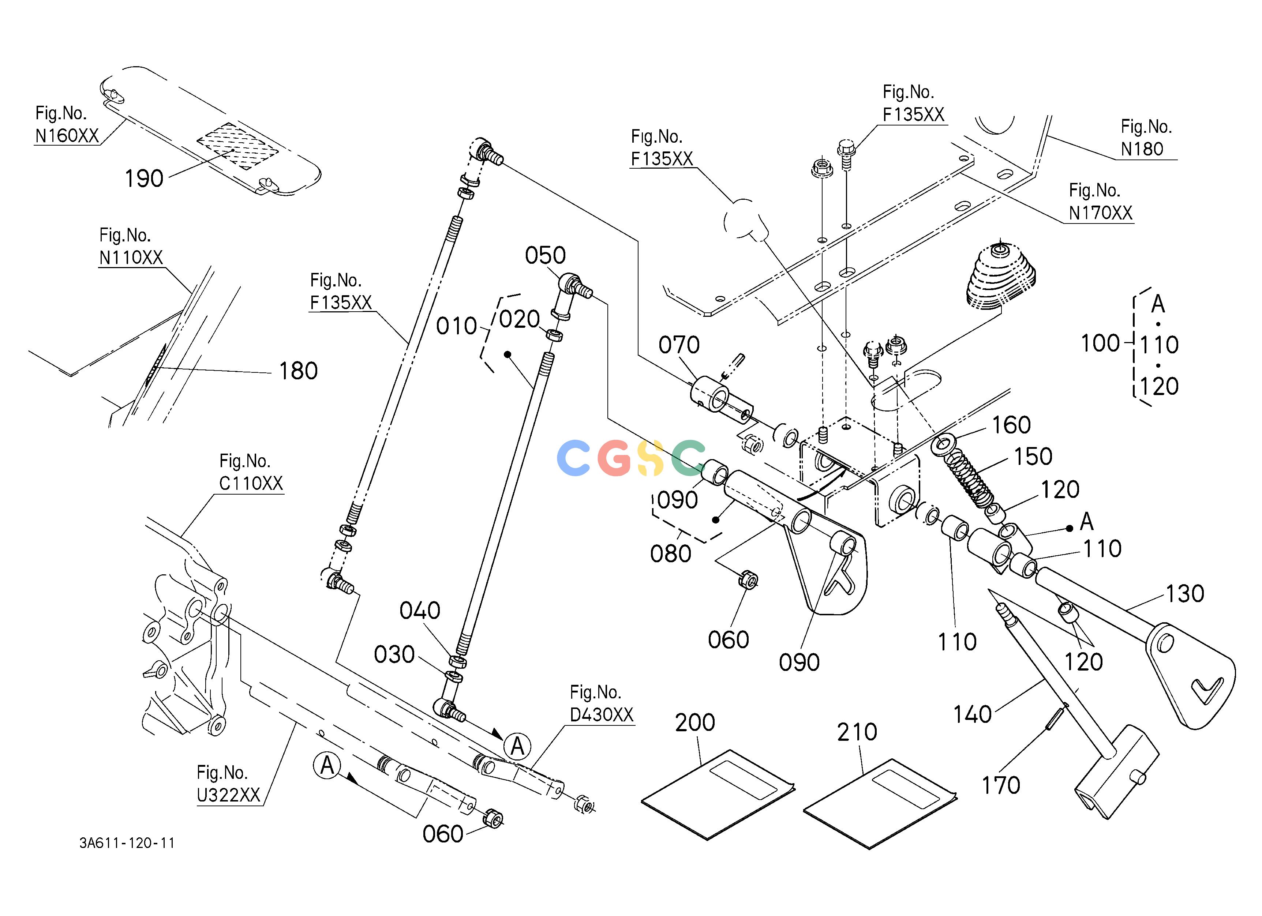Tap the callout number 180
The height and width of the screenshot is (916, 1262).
(x=298, y=371)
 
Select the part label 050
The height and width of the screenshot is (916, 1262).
(x=545, y=256)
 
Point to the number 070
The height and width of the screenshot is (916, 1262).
(x=679, y=345)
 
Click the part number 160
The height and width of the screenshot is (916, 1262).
(x=1012, y=425)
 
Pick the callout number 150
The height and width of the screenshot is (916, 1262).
(x=1033, y=457)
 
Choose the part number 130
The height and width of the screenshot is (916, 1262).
(x=1185, y=594)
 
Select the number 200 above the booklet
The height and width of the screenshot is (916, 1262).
(x=695, y=722)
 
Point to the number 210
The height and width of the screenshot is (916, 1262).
(x=857, y=732)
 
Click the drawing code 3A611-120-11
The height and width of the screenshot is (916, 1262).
(x=127, y=843)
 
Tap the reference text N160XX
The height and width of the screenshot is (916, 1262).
(x=67, y=136)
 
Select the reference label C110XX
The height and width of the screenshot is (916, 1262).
(x=251, y=483)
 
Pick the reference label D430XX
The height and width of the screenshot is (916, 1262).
(x=602, y=715)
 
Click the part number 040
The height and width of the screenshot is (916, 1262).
(x=420, y=611)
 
